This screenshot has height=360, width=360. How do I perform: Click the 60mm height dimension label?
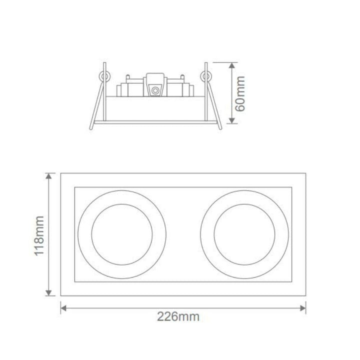[240, 93]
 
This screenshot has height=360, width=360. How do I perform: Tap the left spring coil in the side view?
[105, 75]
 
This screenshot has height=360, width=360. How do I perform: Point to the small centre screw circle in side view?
[155, 90]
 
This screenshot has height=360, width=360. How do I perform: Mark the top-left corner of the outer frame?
[60, 173]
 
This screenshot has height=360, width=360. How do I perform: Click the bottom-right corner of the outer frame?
[306, 295]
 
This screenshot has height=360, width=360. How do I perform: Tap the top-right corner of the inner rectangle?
[291, 187]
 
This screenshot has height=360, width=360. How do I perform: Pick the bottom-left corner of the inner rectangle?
[74, 282]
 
